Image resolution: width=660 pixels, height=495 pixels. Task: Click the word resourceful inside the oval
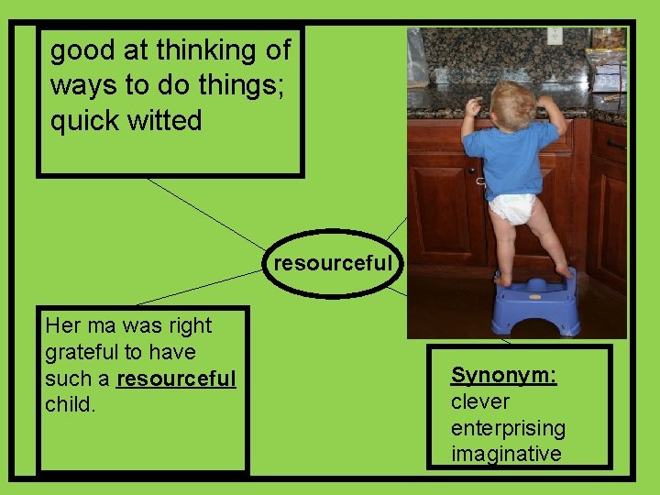333,264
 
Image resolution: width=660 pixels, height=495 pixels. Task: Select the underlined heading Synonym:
503,375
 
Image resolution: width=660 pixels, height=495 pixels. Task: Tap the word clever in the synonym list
479,401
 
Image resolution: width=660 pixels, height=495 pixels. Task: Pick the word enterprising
508,428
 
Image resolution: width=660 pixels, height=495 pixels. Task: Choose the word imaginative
506,454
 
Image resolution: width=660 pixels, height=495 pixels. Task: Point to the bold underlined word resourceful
177,379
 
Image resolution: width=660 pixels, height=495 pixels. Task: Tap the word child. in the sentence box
70,404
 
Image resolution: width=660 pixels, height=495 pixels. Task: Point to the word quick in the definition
81,122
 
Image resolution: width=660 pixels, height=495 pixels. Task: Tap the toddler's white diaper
511,208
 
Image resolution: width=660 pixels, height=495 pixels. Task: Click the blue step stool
535,303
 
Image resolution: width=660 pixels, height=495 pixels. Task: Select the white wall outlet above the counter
554,36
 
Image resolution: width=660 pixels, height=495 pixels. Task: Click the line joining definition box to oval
206,214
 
